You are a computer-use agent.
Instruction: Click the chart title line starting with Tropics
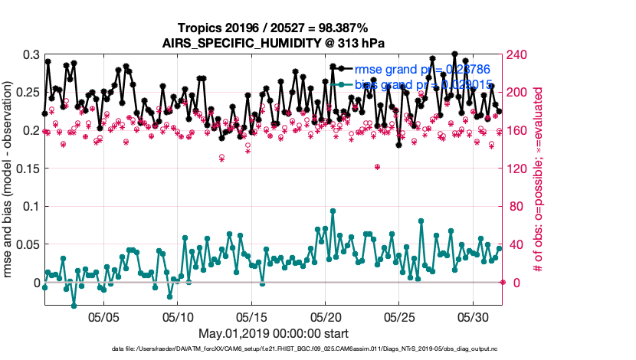[x=272, y=28]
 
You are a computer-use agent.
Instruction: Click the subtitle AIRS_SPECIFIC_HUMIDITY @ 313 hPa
[x=272, y=43]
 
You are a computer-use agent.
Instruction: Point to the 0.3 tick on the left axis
[x=31, y=55]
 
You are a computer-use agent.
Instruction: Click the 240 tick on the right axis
[x=518, y=55]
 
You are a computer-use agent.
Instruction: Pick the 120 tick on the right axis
[x=518, y=169]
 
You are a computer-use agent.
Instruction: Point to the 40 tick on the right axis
[x=515, y=244]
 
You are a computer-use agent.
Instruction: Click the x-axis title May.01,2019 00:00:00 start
[x=272, y=333]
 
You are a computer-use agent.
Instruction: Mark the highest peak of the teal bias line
[x=333, y=211]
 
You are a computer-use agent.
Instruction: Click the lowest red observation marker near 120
[x=377, y=166]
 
